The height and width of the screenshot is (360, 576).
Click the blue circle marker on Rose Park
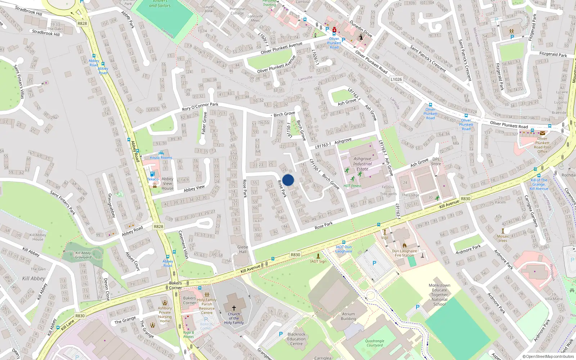[x=288, y=180]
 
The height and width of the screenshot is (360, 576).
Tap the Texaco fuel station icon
[x=152, y=174]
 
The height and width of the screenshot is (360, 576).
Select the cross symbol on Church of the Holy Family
[x=234, y=308]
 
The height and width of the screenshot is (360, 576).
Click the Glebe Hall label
[x=243, y=249]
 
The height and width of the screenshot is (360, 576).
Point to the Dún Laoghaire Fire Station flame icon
[x=404, y=246]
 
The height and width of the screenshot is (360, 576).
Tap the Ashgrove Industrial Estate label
[x=362, y=164]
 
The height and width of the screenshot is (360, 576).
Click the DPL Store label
[x=436, y=161]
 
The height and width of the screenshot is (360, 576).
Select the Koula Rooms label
[x=161, y=158]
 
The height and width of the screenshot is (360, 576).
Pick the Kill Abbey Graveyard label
[x=83, y=255]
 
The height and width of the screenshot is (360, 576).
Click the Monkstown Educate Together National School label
[x=440, y=294]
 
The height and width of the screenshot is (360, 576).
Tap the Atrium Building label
[x=348, y=316]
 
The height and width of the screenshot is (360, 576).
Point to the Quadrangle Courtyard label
[x=375, y=343]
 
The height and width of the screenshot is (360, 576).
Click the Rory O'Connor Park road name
[x=200, y=107]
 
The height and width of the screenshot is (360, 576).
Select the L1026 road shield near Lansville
[x=396, y=79]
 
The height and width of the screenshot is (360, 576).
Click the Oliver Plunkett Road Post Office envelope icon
[x=542, y=133]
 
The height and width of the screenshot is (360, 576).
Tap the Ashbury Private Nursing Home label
[x=165, y=314]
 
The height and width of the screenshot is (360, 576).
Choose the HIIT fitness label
[x=352, y=186]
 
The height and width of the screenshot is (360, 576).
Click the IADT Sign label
[x=318, y=261]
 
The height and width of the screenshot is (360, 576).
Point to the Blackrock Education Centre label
[x=296, y=339]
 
